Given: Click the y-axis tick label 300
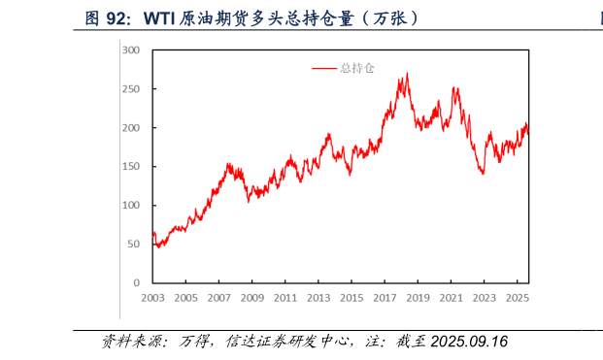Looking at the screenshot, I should [133, 49].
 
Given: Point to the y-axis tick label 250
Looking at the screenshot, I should [133, 88].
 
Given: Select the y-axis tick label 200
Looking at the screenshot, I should [133, 127].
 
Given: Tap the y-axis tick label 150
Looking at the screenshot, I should [133, 166].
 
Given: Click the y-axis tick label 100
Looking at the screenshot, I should [133, 205].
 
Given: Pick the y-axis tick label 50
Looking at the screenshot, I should [136, 244].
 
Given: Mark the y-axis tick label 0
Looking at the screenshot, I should [139, 282].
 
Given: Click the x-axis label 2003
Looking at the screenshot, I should [152, 298].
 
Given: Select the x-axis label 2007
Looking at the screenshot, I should [219, 298].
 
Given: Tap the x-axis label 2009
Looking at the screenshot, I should [252, 298].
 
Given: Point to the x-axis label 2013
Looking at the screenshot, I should [319, 298].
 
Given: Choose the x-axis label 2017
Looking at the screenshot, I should [386, 298].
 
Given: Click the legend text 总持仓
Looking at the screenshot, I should [357, 68].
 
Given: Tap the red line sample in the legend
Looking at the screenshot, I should [324, 68].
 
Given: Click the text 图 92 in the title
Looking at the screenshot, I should [107, 17].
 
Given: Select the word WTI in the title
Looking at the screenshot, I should [163, 17].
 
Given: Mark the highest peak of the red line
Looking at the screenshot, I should [407, 74].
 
